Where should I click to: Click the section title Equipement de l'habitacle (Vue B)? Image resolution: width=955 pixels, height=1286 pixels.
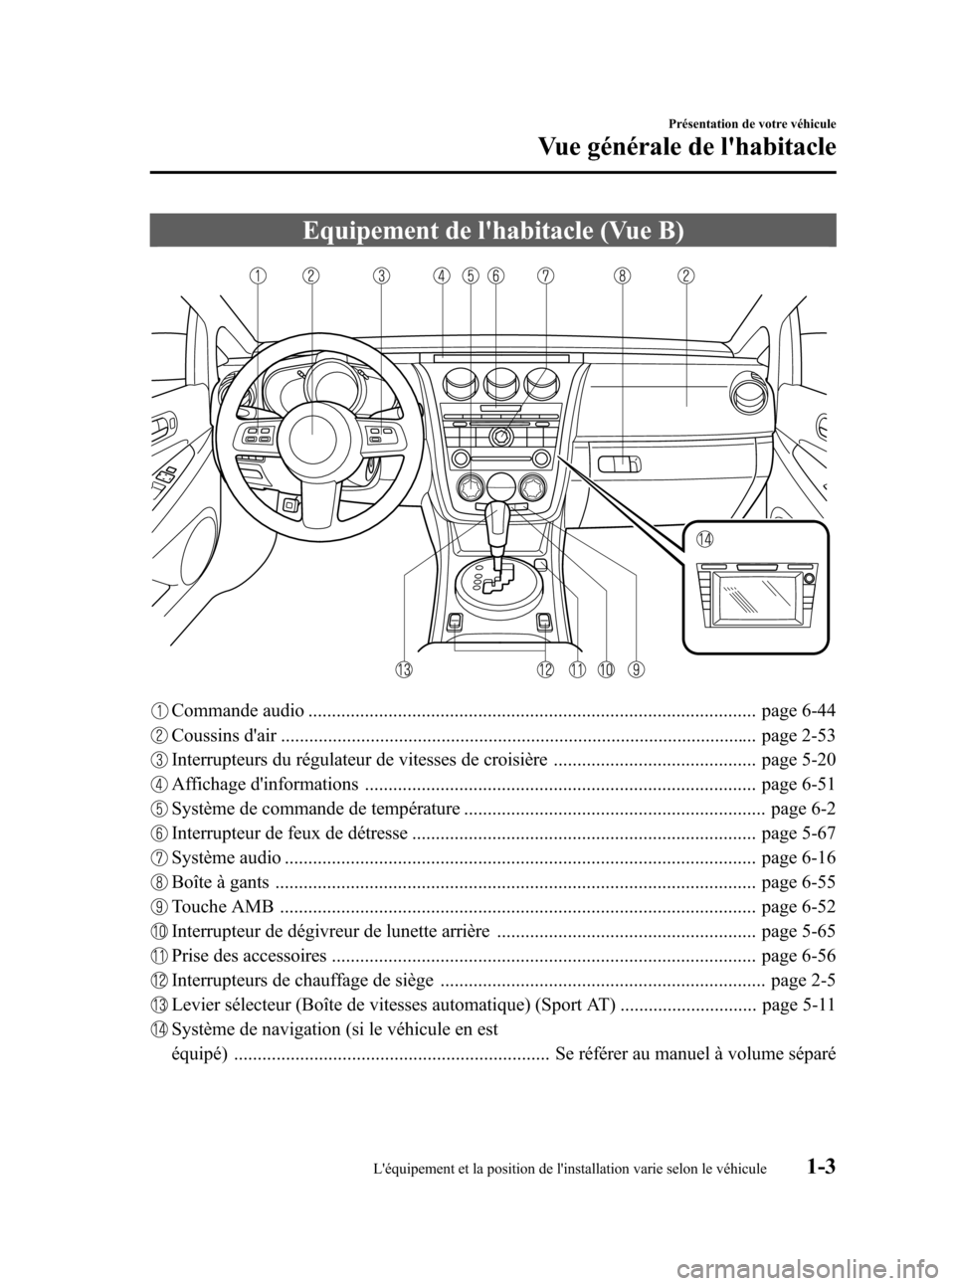click(x=493, y=231)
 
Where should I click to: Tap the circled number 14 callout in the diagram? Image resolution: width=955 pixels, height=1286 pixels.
click(x=704, y=540)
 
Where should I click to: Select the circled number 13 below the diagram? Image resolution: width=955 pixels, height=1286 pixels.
click(x=403, y=669)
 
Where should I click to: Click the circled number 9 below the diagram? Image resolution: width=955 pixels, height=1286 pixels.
click(x=636, y=669)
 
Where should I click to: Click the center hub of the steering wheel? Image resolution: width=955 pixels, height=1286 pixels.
click(x=310, y=428)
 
